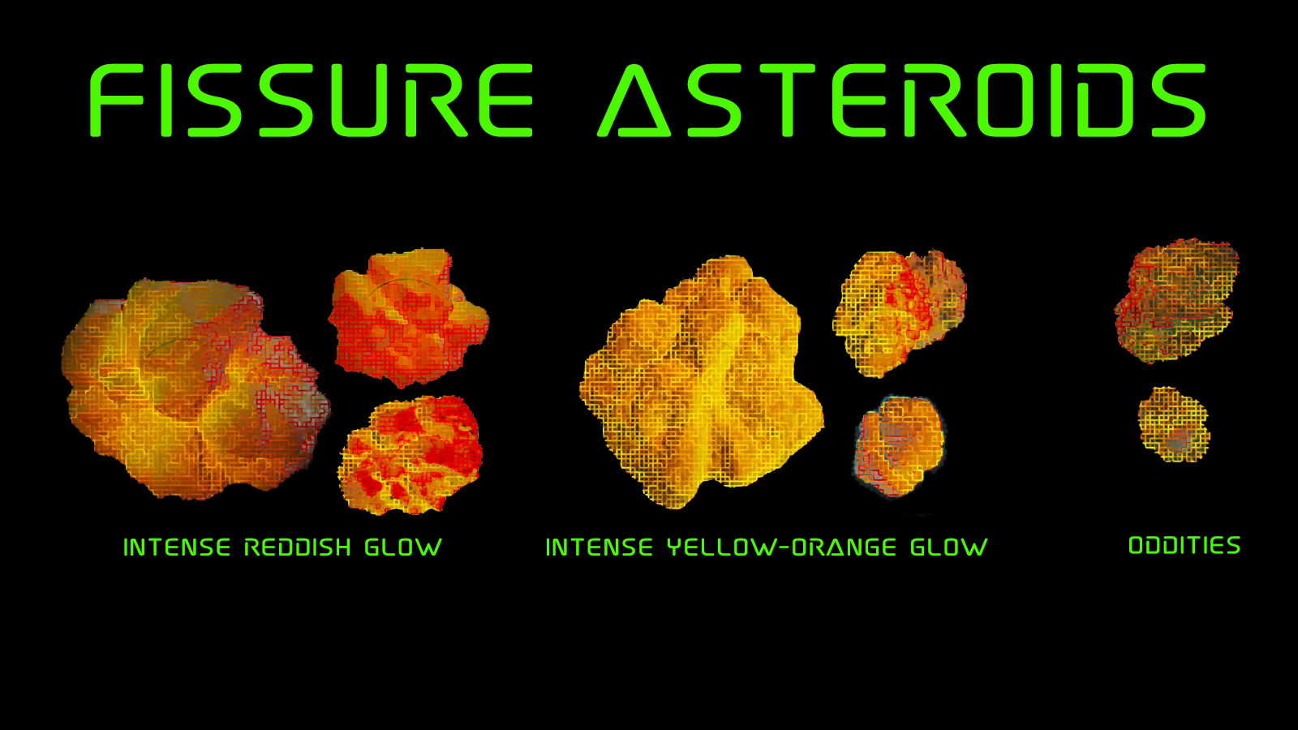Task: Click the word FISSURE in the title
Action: click(x=311, y=101)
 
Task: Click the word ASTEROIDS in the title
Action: click(x=902, y=101)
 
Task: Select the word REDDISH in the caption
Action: click(x=298, y=547)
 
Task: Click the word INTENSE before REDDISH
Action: click(x=178, y=547)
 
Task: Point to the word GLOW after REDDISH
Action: click(x=403, y=547)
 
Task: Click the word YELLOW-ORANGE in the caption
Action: click(x=782, y=547)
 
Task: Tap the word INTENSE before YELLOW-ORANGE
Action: click(x=600, y=547)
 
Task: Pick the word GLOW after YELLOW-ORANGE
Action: click(x=949, y=547)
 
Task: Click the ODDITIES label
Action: click(x=1185, y=545)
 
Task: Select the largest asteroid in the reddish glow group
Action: click(x=196, y=389)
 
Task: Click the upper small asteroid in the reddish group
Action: click(x=409, y=318)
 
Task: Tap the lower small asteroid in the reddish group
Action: click(x=410, y=455)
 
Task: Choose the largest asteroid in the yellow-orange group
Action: click(x=701, y=382)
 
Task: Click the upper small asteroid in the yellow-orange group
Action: click(x=900, y=313)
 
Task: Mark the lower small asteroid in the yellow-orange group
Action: click(x=900, y=447)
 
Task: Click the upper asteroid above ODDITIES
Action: click(x=1177, y=300)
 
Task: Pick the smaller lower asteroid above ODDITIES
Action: click(x=1174, y=424)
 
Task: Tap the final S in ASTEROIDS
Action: click(x=1179, y=101)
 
